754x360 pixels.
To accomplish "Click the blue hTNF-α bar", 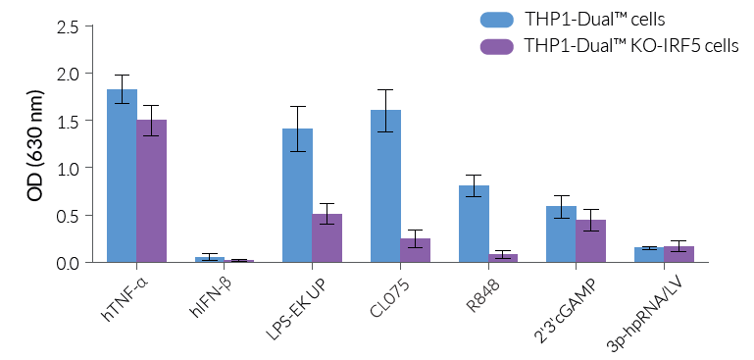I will point(122,177).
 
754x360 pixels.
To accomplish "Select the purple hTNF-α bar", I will point(151,191).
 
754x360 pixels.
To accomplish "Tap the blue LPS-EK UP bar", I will point(297,196).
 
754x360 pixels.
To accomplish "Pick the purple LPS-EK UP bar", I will point(327,238).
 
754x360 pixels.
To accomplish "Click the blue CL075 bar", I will point(385,186).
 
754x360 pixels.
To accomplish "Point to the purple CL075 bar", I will point(415,251).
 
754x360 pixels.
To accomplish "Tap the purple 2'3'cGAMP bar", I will point(590,241).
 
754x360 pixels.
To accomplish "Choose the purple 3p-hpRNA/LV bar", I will point(679,255).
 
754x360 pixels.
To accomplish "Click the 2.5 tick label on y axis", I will point(68,26).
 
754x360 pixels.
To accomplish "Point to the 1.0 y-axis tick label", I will point(68,168).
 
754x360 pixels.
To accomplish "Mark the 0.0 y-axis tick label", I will point(68,263).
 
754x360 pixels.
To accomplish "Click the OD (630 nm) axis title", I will point(36,144).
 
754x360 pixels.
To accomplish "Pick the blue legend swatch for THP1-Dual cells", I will point(497,20).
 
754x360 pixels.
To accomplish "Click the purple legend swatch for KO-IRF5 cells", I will point(497,46).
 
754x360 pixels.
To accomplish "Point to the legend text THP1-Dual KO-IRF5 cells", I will point(631,46).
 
